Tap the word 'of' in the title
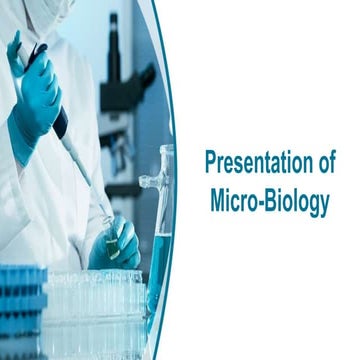pos(322,163)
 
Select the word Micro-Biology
pos(270,200)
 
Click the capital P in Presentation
pos(211,163)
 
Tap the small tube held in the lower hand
pos(110,240)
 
